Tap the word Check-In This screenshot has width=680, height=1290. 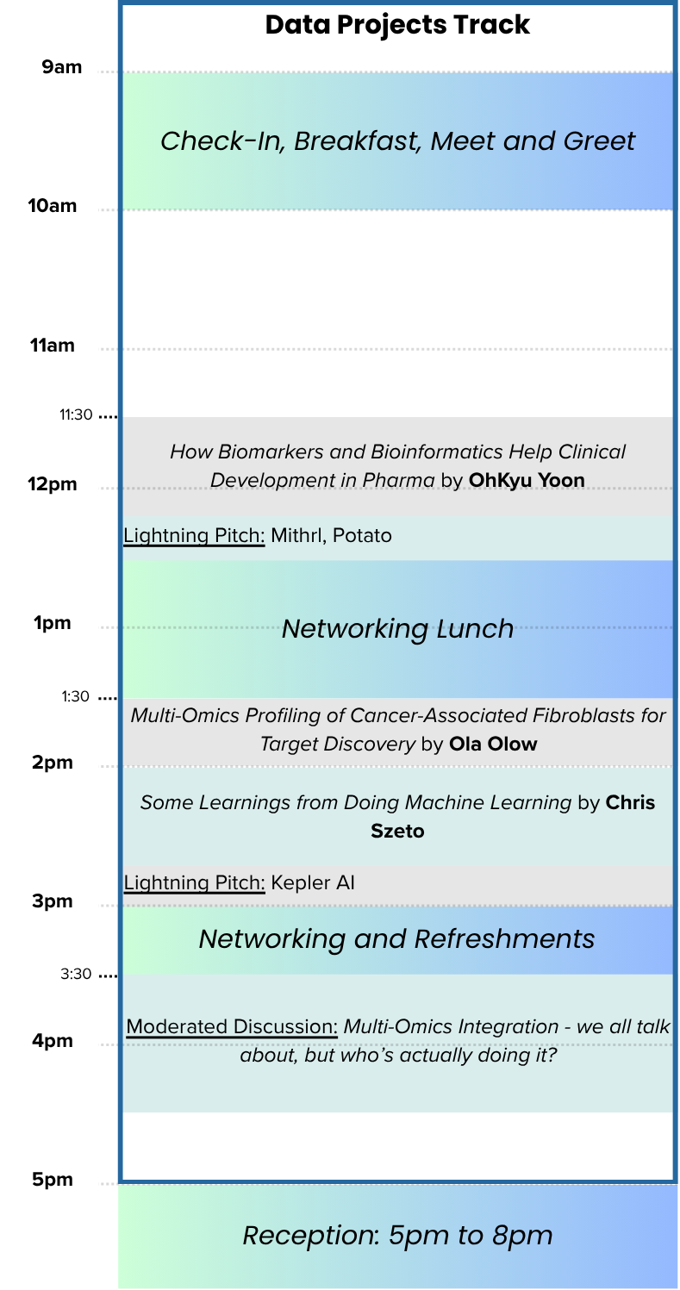pyautogui.click(x=222, y=141)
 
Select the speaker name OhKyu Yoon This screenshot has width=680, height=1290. pyautogui.click(x=527, y=480)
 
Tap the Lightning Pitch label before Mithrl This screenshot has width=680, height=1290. pyautogui.click(x=194, y=536)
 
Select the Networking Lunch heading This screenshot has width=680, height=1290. pyautogui.click(x=397, y=629)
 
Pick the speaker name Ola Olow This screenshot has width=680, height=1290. pyautogui.click(x=493, y=745)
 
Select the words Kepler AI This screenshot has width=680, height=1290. pyautogui.click(x=312, y=883)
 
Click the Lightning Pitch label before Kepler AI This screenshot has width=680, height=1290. pyautogui.click(x=194, y=883)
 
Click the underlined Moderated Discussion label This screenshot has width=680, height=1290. pyautogui.click(x=232, y=1027)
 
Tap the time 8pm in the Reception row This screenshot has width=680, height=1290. pyautogui.click(x=522, y=1236)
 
